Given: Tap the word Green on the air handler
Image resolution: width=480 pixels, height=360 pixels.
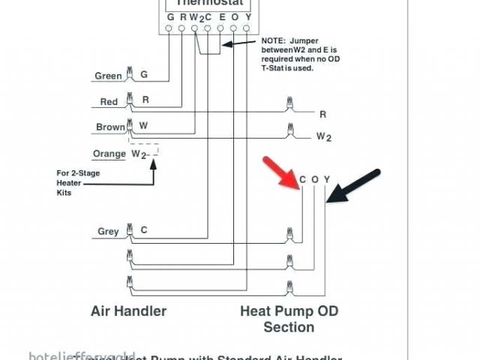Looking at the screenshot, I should coord(108,76).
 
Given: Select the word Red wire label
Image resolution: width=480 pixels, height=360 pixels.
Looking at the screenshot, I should coord(109,101).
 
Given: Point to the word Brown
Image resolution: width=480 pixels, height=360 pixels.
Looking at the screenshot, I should coord(110,127).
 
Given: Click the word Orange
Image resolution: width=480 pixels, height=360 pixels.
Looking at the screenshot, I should coord(109,154).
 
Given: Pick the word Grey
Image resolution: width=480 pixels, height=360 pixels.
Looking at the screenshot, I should coord(108,231).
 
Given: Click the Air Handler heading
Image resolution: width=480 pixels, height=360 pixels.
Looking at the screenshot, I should coord(128,310).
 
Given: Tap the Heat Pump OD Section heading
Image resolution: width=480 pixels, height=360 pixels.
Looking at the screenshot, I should coord(289,318).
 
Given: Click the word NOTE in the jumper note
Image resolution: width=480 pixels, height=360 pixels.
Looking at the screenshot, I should coord(274,40).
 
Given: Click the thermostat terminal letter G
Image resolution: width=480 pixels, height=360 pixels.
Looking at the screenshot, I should coord(170,16).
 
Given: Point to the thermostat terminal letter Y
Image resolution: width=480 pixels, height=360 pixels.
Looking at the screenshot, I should coord(247,16).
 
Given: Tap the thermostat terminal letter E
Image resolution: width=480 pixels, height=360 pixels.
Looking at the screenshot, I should coord(220,16).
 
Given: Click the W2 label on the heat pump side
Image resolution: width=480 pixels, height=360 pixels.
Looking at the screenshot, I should coord(323,136).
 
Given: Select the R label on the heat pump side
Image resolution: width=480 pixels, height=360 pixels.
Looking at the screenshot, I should coord(322,114).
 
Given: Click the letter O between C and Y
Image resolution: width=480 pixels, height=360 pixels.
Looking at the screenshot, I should coord(314,179).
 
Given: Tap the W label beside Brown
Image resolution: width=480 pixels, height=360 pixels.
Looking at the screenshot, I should coord(144,126).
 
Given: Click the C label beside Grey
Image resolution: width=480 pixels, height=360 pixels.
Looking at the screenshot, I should coord(143,230).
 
